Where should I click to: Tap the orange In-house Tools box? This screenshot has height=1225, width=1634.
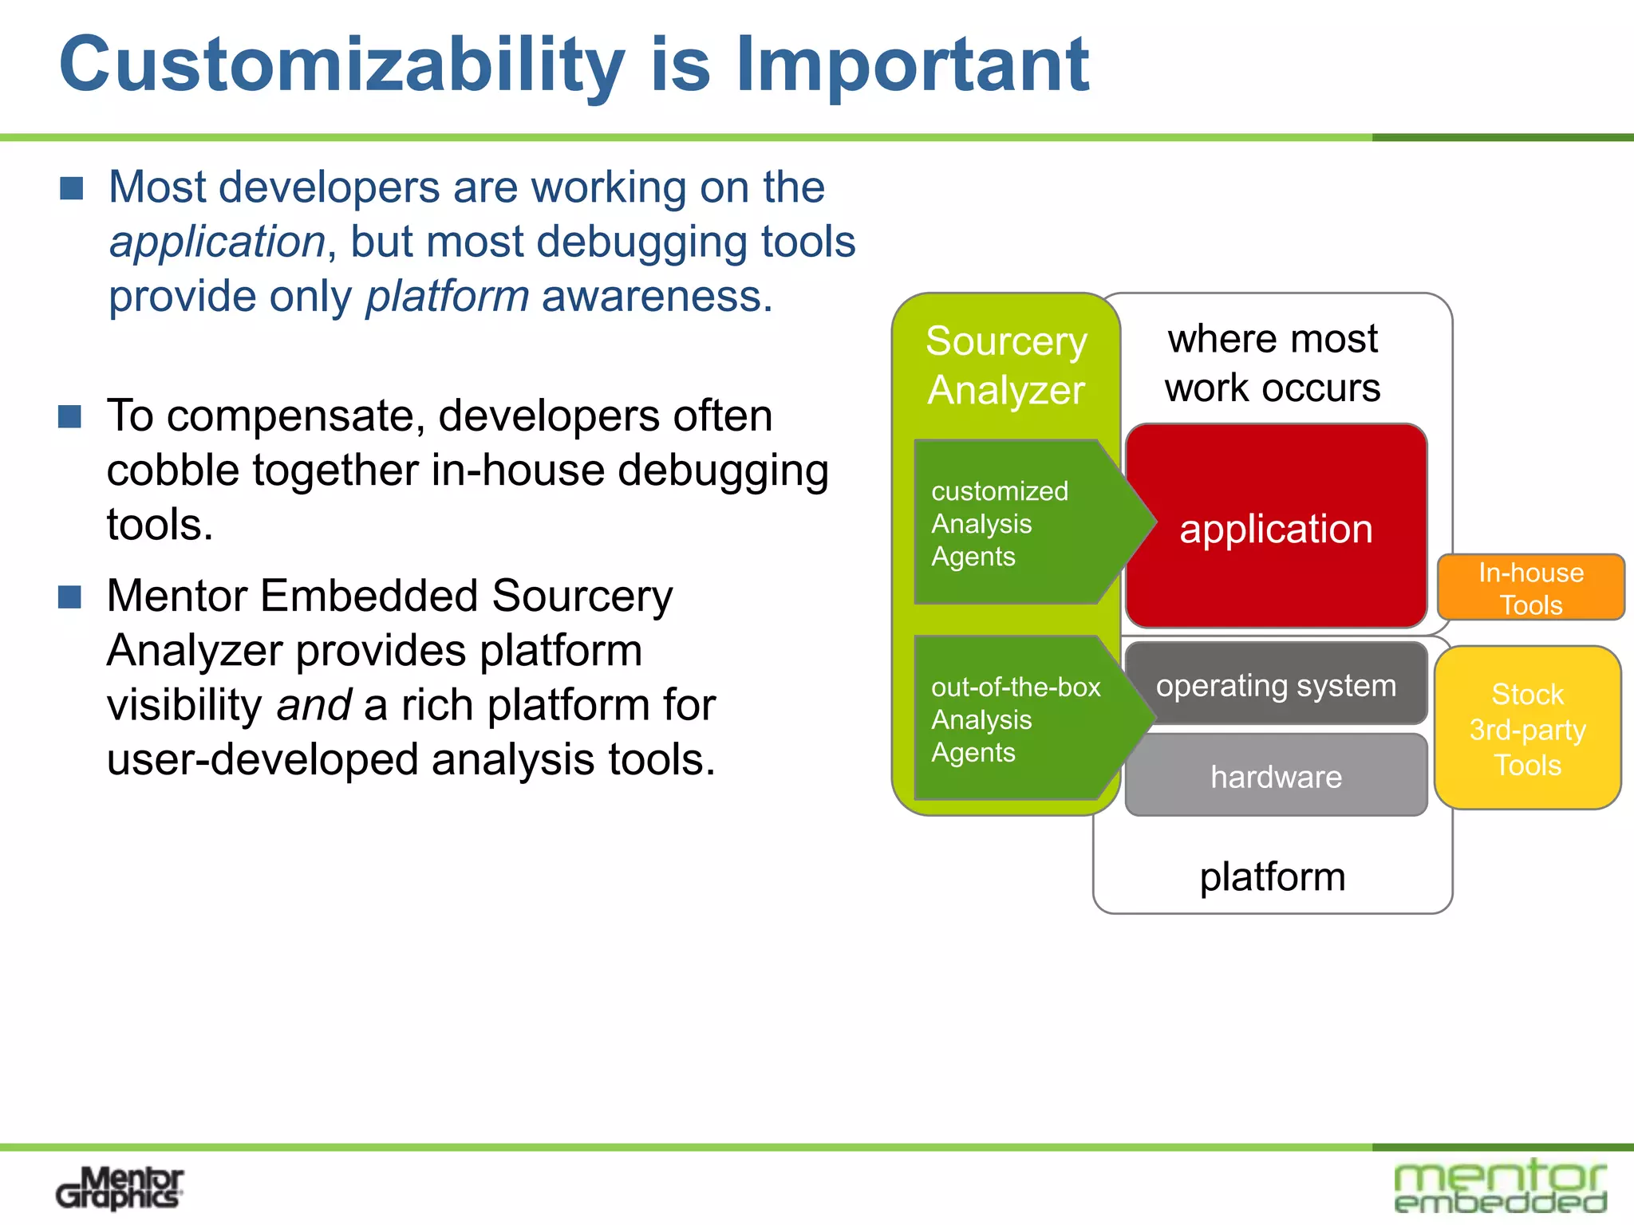(x=1530, y=588)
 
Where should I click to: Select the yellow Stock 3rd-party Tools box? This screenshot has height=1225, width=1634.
(x=1527, y=729)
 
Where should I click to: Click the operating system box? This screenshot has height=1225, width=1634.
(x=1275, y=685)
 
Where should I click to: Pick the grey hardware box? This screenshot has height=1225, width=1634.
(x=1275, y=776)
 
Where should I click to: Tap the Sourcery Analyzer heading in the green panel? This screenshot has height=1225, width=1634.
(x=1005, y=365)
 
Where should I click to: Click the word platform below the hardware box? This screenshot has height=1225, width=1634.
(x=1273, y=876)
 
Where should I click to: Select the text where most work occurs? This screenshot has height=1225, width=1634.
(x=1273, y=363)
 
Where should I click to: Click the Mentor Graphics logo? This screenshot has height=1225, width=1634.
(x=120, y=1188)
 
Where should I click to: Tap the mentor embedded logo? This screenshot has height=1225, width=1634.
(x=1500, y=1186)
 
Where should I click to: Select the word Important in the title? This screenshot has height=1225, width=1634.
(x=911, y=65)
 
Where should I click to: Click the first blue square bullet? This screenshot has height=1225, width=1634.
(x=72, y=189)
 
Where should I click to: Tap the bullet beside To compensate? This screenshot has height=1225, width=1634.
(x=70, y=416)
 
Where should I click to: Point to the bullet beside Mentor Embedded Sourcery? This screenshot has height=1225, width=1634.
(x=70, y=597)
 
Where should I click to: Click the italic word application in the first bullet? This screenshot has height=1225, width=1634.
(x=218, y=242)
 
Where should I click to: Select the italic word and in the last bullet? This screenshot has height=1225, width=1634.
(x=314, y=705)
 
